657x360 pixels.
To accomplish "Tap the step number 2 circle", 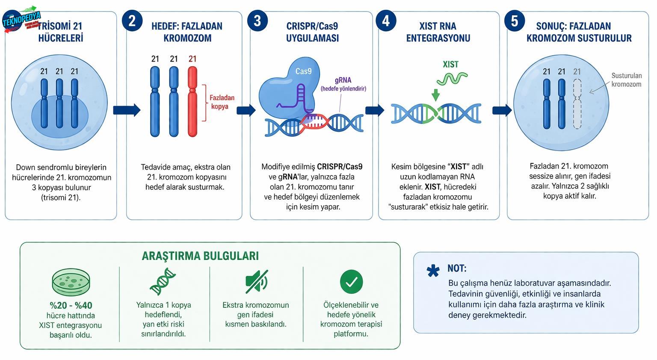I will (x=132, y=21).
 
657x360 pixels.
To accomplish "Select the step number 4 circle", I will (x=386, y=21).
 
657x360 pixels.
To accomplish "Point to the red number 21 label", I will (x=192, y=59).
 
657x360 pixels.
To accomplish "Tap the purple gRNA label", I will (x=343, y=80).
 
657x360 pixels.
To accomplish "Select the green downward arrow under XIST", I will (x=435, y=94).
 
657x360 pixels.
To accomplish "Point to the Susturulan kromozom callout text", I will (x=626, y=80).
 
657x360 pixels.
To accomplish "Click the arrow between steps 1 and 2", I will (x=127, y=110).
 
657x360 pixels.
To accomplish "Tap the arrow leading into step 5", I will (x=502, y=110).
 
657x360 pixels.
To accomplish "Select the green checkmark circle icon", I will (x=351, y=282).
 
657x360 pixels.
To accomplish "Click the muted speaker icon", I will (x=256, y=282).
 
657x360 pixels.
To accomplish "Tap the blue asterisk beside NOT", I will (x=433, y=271).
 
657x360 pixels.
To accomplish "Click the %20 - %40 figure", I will (x=71, y=305).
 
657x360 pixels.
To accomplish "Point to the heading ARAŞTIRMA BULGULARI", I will (x=200, y=256).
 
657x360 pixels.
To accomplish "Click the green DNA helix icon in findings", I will (x=163, y=281).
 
